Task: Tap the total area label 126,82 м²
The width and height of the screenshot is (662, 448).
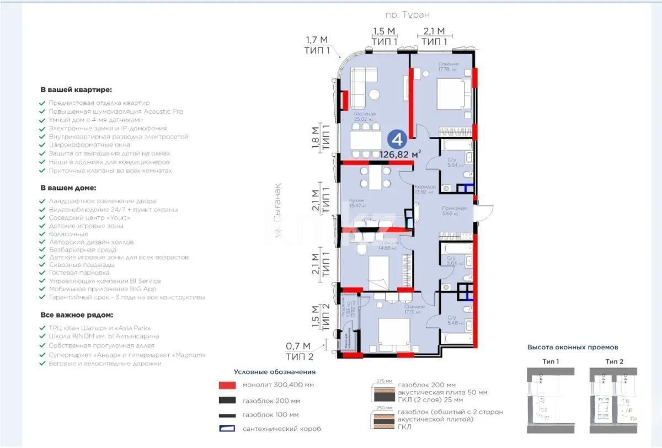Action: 401,154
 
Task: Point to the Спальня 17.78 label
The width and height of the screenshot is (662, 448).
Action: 446,67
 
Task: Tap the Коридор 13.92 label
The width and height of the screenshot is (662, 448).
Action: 425,190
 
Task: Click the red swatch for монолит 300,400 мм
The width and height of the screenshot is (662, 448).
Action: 227,385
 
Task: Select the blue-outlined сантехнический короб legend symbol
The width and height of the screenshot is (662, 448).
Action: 227,428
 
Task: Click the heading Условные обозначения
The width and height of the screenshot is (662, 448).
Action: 274,372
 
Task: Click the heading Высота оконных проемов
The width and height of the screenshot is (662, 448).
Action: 572,347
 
